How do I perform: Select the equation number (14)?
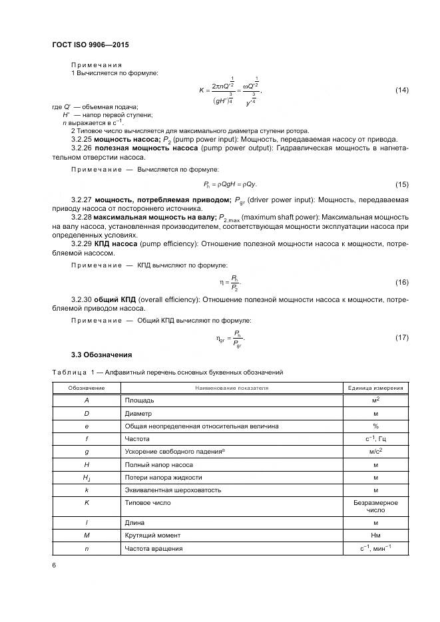coord(401,90)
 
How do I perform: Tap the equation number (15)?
coord(401,184)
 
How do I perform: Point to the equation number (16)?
coord(401,283)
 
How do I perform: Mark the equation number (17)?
coord(401,338)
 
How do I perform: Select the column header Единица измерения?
coord(375,388)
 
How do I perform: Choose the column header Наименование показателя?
coord(230,388)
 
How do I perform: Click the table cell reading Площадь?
coord(140,400)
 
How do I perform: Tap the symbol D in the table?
coord(87,413)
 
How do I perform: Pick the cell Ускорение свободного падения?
coord(176,452)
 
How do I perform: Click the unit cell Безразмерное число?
coord(375,507)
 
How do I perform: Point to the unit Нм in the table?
coord(375,536)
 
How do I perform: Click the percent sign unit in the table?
coord(375,426)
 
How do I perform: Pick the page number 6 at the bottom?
coord(54,565)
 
